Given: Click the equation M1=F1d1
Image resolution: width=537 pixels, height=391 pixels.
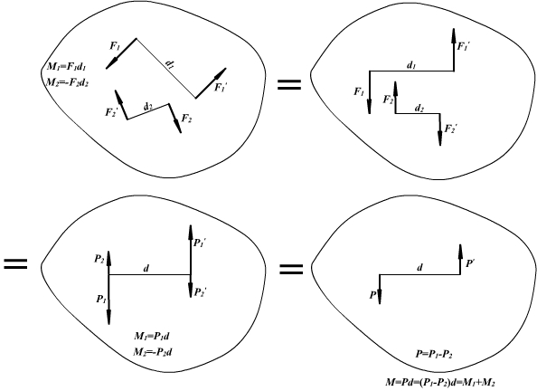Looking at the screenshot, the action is pos(66,66).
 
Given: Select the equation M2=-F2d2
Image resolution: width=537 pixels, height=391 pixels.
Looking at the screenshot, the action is pos(67,82).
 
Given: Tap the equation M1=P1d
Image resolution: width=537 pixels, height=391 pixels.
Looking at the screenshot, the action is pos(151,336).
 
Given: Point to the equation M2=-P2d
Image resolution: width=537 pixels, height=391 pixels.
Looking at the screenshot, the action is pos(153,351).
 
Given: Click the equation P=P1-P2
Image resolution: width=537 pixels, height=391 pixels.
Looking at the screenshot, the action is pos(434,354).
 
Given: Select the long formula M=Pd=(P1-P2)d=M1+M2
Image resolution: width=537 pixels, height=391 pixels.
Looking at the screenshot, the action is pos(440,382).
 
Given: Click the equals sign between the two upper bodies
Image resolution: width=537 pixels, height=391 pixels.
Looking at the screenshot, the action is pos(289,85).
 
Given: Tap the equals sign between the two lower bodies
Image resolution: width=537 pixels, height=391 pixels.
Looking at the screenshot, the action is pos(291,269).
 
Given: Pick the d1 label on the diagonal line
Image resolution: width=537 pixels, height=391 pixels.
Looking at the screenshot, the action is pos(170,64).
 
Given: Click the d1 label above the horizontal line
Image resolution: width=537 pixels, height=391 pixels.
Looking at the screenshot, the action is pos(411,65).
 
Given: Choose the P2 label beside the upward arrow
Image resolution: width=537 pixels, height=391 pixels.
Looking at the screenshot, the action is pos(99,259).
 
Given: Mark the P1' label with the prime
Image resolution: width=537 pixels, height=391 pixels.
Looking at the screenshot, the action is pos(200,243).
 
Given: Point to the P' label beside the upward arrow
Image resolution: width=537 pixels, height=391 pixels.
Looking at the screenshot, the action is pos(469,263).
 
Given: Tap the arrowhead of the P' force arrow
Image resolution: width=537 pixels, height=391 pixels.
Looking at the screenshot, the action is pos(460,251).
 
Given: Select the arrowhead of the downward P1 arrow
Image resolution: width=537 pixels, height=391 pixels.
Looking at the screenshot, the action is pos(108,318).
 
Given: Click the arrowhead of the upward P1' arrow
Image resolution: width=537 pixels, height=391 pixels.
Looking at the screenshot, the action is pos(191,232).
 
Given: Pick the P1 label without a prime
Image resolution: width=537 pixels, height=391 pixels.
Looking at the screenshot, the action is pos(100,299).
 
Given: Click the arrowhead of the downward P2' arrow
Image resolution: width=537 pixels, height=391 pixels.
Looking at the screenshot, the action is pos(191,291).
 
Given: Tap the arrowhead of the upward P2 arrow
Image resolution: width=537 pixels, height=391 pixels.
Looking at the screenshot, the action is pos(108,258).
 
